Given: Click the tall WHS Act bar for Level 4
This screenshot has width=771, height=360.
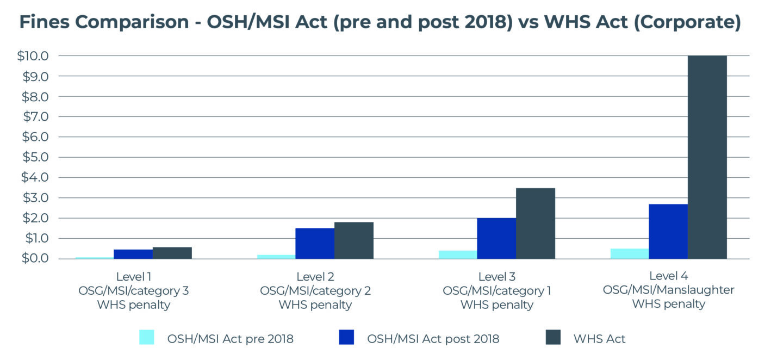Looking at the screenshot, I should tap(707, 158).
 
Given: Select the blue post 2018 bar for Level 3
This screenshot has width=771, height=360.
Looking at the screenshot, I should tap(496, 238).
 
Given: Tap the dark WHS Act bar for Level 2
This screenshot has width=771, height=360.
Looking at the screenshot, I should tap(353, 240).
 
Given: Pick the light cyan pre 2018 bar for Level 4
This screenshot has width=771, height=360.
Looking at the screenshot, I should tap(629, 253).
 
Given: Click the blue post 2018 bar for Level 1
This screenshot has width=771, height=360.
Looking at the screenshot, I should tap(133, 254).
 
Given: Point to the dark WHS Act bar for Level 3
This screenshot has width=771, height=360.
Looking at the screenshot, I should tap(535, 224).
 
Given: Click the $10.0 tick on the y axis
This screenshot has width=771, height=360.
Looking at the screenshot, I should tap(34, 56).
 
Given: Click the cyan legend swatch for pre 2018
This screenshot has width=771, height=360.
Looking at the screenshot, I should tap(147, 337).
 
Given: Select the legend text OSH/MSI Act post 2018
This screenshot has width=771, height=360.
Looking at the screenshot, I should tap(433, 339).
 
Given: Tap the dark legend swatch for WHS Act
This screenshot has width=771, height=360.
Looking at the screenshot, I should tap(552, 337).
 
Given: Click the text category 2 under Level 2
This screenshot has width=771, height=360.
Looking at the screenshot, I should tap(340, 290).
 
